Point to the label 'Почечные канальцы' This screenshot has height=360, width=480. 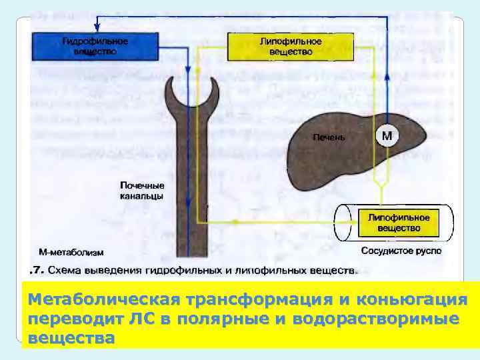click(141, 191)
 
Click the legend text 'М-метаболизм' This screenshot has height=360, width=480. click(71, 253)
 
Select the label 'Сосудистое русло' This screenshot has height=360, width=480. click(401, 251)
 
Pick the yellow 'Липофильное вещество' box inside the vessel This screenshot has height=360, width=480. click(399, 223)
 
